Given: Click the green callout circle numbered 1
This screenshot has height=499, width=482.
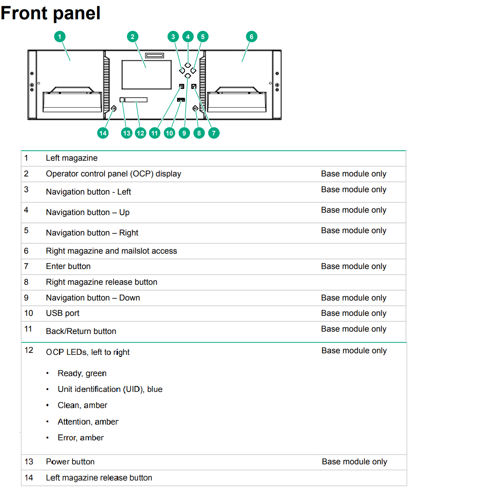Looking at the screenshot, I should click(60, 37).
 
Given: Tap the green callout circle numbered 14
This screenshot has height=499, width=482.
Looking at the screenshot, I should click(103, 133).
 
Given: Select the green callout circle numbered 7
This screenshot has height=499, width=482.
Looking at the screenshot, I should click(214, 133).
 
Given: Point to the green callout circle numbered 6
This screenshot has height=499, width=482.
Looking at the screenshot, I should click(251, 37).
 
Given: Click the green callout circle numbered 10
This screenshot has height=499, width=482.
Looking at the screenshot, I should click(169, 133).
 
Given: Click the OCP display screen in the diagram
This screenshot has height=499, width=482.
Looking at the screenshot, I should click(146, 75).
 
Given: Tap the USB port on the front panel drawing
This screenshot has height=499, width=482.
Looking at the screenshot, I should click(181, 100).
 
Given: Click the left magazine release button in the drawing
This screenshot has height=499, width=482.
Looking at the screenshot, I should click(114, 108).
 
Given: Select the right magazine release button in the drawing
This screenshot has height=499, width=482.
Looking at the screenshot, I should click(195, 108).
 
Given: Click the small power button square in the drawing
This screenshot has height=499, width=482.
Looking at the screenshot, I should click(122, 100).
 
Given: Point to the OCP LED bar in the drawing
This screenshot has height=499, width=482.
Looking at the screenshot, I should click(136, 100).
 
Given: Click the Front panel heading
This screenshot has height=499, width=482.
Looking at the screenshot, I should click(50, 13).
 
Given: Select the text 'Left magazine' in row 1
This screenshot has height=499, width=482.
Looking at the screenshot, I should click(72, 158).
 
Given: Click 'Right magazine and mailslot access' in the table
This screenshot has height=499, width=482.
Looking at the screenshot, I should click(111, 251).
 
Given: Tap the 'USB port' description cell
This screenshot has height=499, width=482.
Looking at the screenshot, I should click(63, 313).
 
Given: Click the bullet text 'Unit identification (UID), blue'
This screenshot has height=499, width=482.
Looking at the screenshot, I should click(110, 389).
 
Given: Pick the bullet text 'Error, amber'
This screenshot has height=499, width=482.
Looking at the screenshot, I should click(80, 438).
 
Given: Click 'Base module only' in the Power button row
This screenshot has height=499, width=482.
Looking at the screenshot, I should click(354, 462).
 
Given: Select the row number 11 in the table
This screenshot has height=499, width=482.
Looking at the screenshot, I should click(28, 329).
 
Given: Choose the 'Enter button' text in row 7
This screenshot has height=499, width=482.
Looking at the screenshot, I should click(68, 266).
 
